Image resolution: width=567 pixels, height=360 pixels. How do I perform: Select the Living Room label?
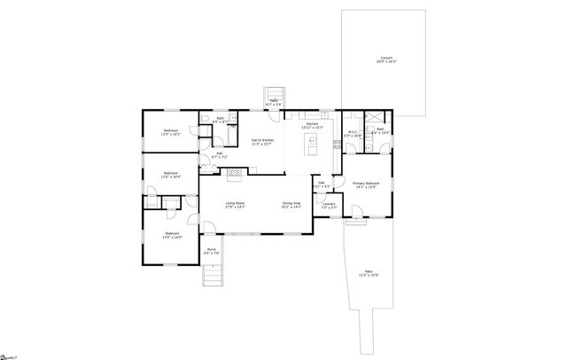click(x=235, y=206)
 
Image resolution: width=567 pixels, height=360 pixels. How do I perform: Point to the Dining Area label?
click(x=291, y=206)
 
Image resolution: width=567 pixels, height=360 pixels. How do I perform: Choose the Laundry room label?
click(x=329, y=206)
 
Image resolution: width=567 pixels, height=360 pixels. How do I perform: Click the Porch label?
click(x=212, y=251)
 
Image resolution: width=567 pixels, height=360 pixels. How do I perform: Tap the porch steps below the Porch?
click(x=212, y=276)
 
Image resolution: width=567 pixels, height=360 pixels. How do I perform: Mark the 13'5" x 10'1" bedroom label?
click(x=170, y=133)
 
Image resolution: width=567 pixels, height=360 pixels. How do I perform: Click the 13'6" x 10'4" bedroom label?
click(x=170, y=176)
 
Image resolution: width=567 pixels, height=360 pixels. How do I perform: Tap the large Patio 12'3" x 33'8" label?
click(x=367, y=274)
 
